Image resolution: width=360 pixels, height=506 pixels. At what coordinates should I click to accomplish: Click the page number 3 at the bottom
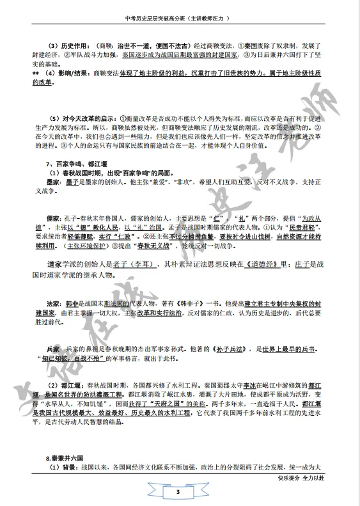[180, 492]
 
